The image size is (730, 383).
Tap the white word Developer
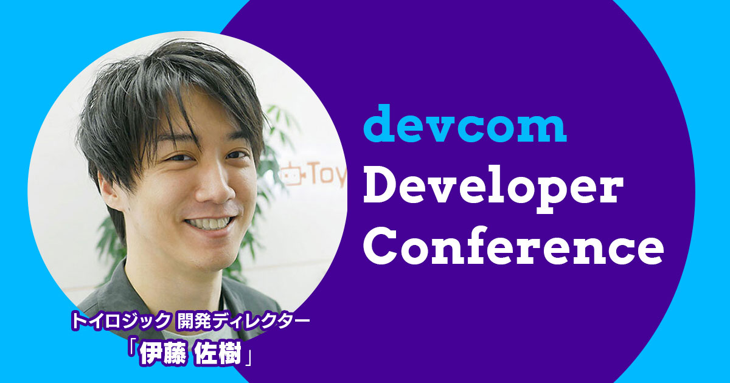(x=493, y=189)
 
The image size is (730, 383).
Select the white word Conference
(x=513, y=246)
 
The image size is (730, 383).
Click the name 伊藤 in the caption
(x=162, y=354)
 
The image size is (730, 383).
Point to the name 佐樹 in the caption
(x=218, y=354)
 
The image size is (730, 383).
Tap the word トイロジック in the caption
(x=120, y=321)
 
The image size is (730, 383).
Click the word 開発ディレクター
(x=243, y=321)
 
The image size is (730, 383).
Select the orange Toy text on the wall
(x=327, y=176)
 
